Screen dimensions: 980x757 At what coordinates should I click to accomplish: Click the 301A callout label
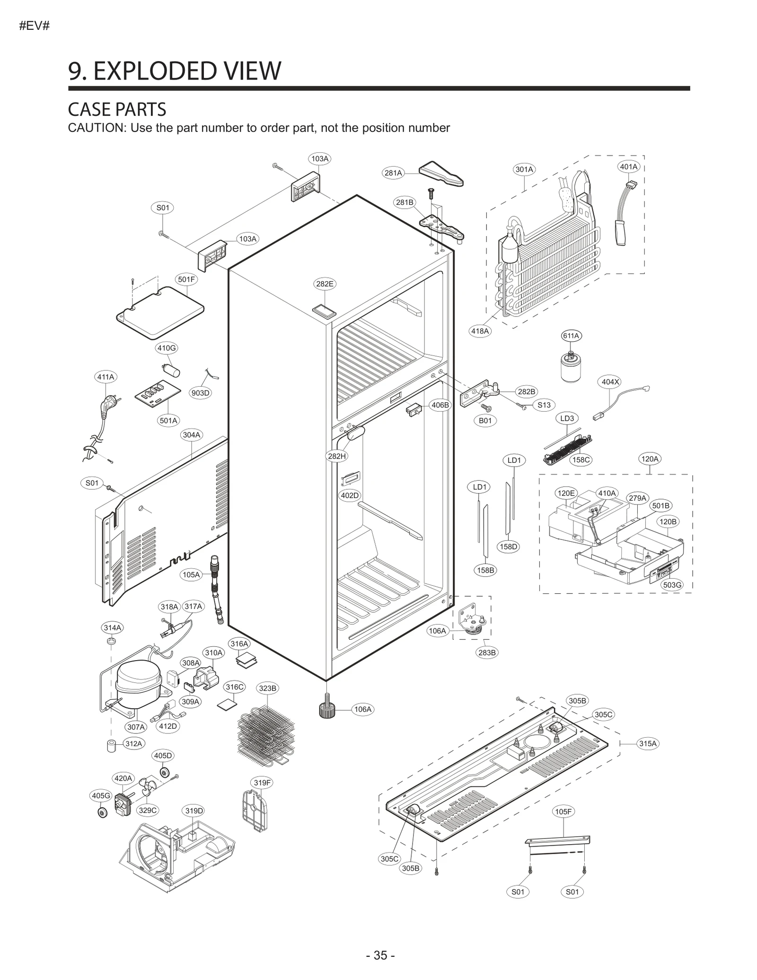coord(524,169)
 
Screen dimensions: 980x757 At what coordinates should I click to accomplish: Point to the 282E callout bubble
coord(325,284)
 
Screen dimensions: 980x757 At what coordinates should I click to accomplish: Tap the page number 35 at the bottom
coord(380,952)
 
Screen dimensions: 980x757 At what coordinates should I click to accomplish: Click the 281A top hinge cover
coord(440,174)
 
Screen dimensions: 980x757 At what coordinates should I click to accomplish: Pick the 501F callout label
coord(186,279)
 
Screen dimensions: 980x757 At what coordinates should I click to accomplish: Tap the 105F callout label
coord(563,812)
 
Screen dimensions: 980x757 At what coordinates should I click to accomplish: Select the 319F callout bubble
coord(262,783)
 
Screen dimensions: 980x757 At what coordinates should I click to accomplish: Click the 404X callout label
coord(610,382)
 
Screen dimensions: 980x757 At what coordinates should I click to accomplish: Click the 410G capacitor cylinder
coord(171,370)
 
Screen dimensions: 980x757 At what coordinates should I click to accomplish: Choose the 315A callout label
coord(648,743)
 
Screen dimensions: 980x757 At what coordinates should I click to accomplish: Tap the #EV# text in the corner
coord(34,26)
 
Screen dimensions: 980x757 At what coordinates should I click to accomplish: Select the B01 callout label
coord(485,421)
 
